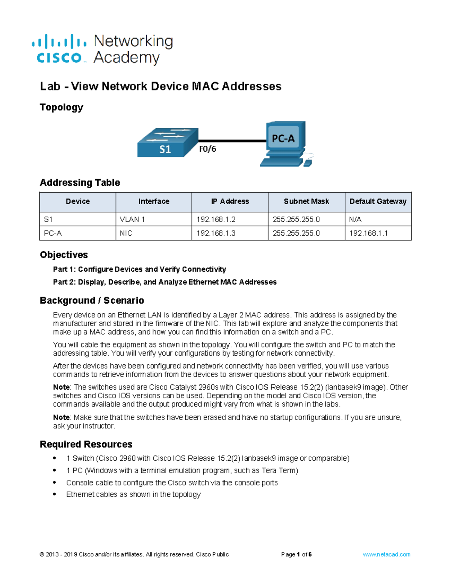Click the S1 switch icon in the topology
tap(168, 143)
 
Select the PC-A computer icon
tap(286, 144)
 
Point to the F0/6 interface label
tap(207, 149)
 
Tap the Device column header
tap(78, 202)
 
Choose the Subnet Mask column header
tap(306, 202)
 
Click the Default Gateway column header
tap(378, 202)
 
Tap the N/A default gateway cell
tap(355, 219)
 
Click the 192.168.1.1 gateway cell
tap(368, 233)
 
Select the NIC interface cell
tap(126, 233)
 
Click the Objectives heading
tap(64, 255)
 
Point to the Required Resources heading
tap(86, 444)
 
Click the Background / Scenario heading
tap(92, 300)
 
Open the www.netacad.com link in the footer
tap(386, 554)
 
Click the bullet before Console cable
tap(55, 482)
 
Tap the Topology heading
tap(62, 108)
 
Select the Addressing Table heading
tap(80, 183)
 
